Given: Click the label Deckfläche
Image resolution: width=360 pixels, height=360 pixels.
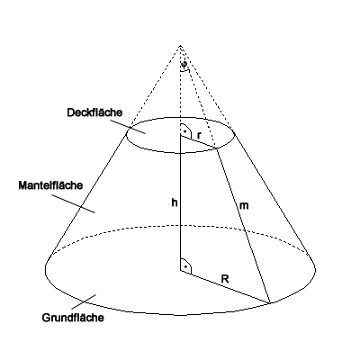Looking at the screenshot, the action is [94, 112].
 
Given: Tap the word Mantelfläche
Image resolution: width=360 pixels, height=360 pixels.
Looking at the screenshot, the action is [50, 185].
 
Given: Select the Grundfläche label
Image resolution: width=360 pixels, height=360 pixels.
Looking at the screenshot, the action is [73, 318].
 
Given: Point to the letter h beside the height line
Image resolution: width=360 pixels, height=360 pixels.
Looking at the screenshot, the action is [175, 202].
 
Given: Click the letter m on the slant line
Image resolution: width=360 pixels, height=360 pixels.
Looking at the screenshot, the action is [244, 206].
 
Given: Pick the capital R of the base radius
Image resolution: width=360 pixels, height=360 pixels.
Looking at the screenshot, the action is [225, 279].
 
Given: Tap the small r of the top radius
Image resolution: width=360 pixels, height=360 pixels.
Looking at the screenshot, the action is [199, 136].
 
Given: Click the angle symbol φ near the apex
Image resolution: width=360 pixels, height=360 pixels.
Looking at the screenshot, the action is [184, 65].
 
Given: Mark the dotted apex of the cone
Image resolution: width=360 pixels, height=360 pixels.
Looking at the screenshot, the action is [180, 46].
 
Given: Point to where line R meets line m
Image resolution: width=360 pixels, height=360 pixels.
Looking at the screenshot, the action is [270, 303].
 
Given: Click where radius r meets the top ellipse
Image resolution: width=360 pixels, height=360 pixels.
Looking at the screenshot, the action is [217, 148].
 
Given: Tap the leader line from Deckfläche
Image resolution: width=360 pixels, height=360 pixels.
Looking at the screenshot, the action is [128, 127].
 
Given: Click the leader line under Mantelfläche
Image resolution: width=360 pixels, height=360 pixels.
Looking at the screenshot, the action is [74, 203].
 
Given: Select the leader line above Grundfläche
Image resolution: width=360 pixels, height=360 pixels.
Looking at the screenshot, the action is [84, 301].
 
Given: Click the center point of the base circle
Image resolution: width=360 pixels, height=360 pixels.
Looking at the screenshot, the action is [180, 270].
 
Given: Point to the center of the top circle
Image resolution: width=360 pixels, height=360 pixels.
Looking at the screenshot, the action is [180, 135].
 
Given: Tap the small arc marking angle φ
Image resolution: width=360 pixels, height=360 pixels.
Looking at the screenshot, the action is [185, 70].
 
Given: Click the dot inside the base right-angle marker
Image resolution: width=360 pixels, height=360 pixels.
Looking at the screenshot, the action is [185, 265].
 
